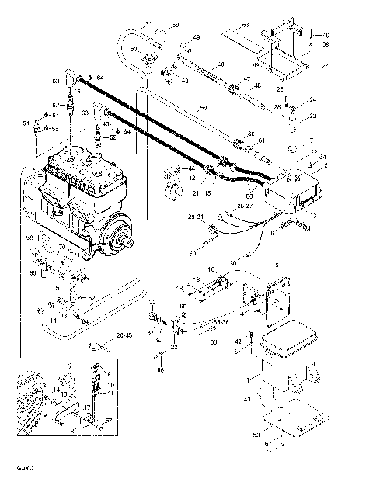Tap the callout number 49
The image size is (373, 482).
[196, 37]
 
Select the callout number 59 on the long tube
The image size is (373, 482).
[204, 106]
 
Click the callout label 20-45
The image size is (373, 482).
[124, 335]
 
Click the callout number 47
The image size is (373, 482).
[247, 79]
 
